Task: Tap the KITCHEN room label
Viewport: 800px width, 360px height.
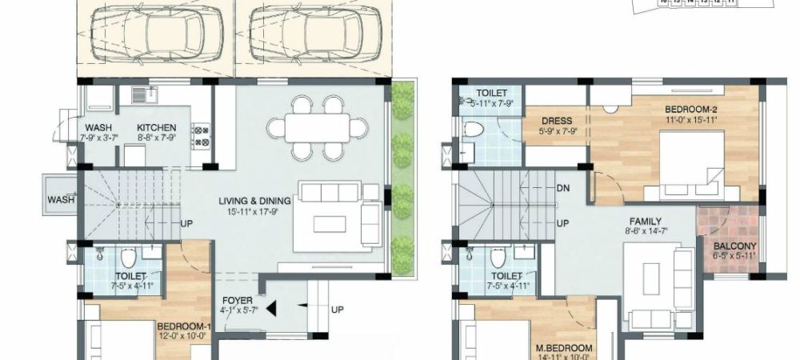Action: point(156,128)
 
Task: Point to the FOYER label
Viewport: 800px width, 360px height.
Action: point(238,301)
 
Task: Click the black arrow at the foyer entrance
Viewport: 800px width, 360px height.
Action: point(271,307)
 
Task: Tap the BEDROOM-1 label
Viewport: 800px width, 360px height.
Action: point(183,326)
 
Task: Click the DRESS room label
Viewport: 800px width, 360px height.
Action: point(557,122)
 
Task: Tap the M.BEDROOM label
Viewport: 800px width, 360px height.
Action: point(565,348)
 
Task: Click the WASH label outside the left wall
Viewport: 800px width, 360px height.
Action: point(59,199)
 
